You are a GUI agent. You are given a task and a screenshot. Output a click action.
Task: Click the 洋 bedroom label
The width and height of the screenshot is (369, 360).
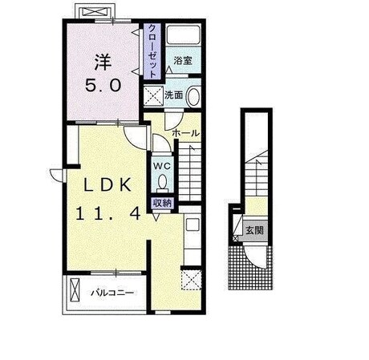coord(103,63)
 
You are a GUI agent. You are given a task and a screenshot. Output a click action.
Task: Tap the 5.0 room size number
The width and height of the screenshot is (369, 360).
coord(103,86)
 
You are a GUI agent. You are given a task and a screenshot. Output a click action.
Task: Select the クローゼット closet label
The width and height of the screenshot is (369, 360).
coord(152,51)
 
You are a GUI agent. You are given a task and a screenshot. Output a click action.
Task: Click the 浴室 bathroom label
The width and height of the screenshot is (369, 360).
coord(183,61)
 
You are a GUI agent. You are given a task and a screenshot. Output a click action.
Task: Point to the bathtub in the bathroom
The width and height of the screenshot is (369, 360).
coord(184,35)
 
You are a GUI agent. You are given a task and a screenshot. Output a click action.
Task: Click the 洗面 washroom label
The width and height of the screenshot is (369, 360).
coord(174,95)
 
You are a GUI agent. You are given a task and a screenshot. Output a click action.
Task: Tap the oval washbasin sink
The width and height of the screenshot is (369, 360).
coord(193,96)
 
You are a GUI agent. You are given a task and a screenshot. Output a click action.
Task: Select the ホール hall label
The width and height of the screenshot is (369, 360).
coord(186,133)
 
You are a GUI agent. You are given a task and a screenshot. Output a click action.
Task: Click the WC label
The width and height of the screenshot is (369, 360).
coord(162,166)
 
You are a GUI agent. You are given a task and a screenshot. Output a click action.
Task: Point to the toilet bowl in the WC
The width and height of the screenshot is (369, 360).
coord(162,183)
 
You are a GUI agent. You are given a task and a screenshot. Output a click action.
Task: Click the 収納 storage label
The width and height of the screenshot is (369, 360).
coord(162,204)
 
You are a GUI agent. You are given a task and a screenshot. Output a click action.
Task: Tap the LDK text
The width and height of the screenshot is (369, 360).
coord(107,184)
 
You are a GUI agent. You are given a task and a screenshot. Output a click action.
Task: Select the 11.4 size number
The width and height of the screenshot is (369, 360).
coord(108,214)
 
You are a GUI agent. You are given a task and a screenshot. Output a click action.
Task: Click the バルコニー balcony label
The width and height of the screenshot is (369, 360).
coord(112,293)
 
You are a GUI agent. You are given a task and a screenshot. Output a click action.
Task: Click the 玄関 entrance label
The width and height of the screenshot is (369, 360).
coord(255,230)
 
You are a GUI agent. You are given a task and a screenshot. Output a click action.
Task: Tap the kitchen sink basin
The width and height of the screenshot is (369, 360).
coord(193,224)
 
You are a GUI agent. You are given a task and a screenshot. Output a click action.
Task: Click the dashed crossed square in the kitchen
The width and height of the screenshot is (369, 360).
coord(191,280)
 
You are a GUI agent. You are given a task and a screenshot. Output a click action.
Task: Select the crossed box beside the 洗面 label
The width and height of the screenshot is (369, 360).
coord(153,96)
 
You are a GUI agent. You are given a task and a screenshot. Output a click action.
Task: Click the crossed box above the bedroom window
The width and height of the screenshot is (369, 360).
coord(95,12)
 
